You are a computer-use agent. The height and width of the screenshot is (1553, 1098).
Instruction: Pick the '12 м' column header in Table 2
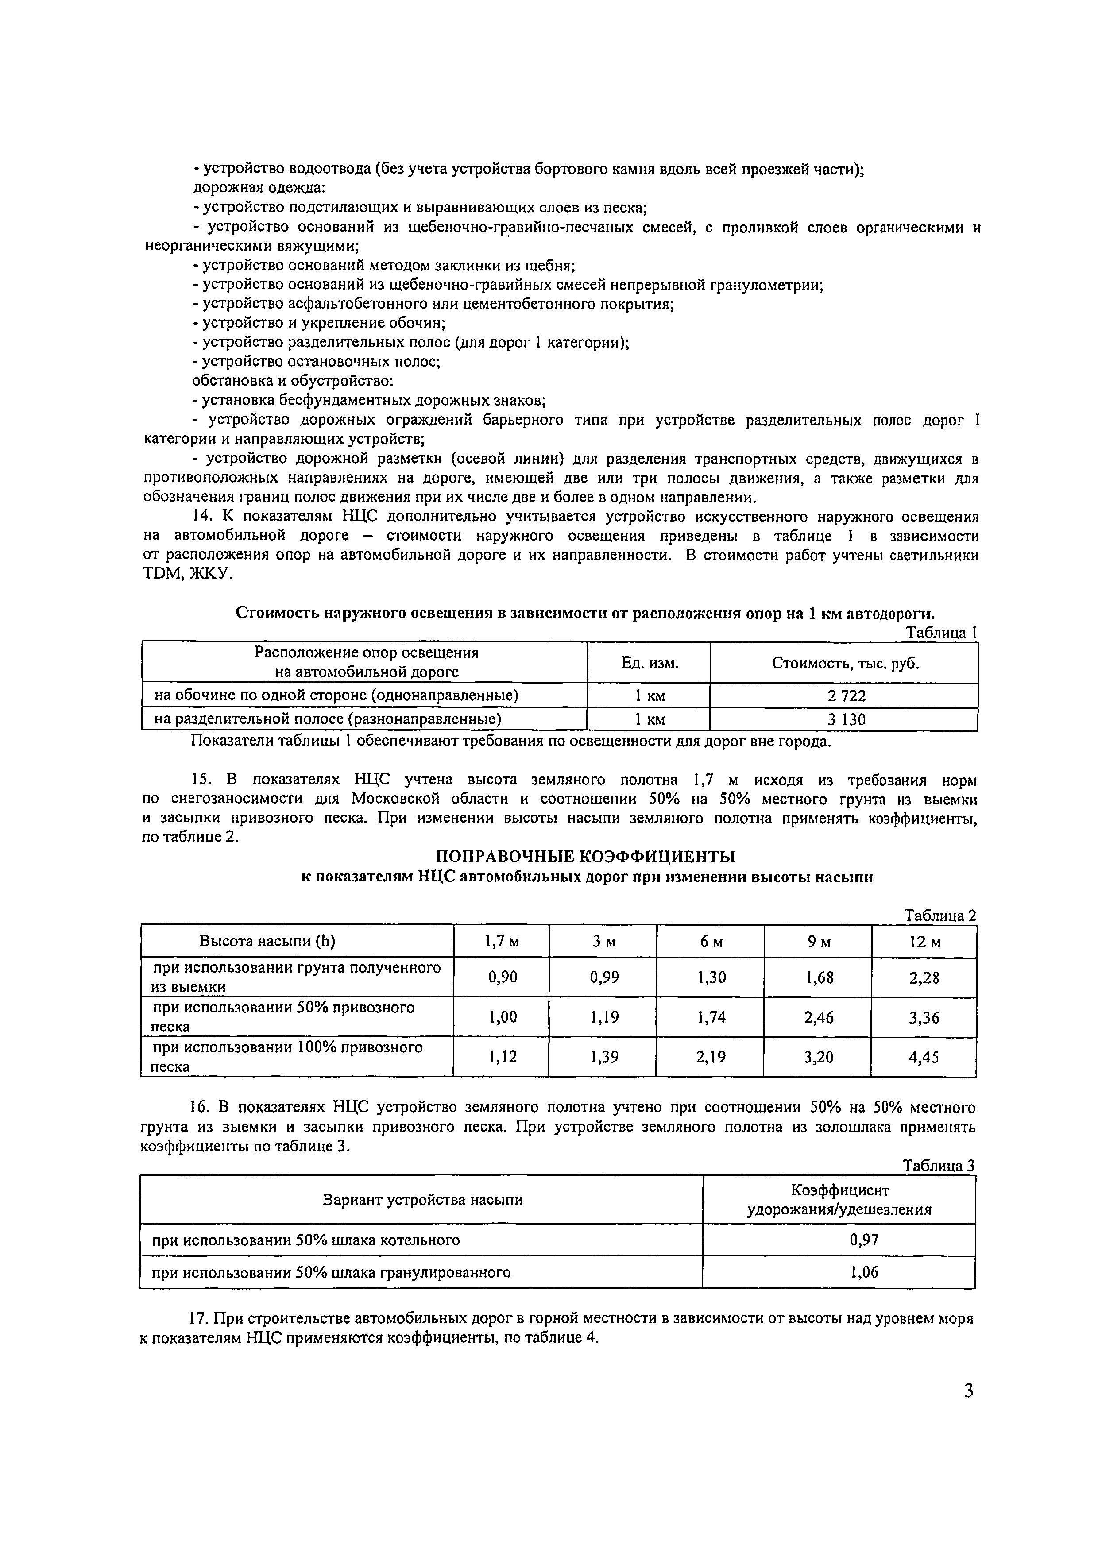(924, 942)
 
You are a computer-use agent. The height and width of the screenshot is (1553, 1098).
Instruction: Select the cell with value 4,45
(924, 1057)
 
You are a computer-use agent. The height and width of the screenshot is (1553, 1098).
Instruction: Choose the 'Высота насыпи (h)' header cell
(267, 942)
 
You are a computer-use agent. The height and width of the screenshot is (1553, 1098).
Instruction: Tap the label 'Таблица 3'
(939, 1166)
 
